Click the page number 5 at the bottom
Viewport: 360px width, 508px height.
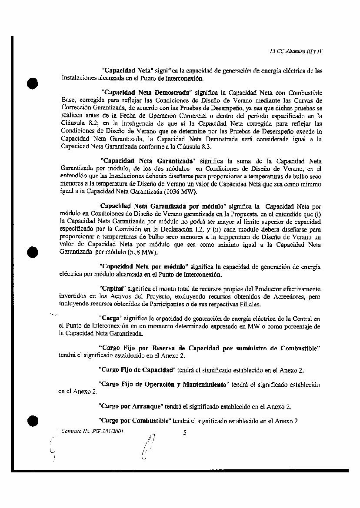[185, 432]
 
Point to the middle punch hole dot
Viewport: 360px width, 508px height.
[33, 252]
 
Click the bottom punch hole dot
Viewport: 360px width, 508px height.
[33, 421]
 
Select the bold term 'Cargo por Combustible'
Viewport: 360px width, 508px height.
[134, 421]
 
